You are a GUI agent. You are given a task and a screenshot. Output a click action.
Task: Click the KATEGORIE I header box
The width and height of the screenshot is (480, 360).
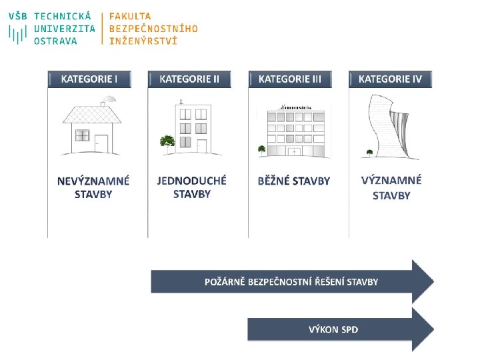click(89, 79)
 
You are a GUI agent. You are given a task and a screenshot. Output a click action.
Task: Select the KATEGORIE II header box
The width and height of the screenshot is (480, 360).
click(189, 79)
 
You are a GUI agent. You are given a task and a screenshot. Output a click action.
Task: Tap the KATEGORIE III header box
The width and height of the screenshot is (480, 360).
click(290, 79)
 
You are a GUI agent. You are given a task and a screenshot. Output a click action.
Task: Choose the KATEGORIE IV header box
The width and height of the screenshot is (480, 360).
click(390, 79)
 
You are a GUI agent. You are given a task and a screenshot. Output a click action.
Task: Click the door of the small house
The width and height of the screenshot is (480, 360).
click(101, 143)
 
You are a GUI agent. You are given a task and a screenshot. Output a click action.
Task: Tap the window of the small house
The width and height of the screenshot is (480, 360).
click(82, 135)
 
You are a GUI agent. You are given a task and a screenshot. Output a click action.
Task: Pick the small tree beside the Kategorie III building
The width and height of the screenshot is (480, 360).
click(262, 149)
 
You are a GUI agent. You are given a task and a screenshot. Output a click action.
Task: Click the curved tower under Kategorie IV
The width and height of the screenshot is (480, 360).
click(390, 129)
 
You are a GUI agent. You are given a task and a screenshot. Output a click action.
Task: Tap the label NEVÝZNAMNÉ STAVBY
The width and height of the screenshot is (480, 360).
click(93, 187)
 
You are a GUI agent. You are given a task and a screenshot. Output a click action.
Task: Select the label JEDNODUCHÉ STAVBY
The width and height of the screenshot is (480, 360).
click(192, 187)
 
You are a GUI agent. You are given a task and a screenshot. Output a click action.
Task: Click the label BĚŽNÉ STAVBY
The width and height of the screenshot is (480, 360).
click(294, 181)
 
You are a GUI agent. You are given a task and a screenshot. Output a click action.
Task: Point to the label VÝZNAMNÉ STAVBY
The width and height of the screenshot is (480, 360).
click(391, 187)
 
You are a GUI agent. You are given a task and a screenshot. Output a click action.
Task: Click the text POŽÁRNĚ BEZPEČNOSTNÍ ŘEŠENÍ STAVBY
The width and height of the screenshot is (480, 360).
click(291, 282)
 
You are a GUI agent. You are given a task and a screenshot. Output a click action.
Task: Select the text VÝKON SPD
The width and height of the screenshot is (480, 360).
click(333, 329)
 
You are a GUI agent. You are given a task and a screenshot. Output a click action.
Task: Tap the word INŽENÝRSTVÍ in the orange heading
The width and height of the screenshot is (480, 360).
click(143, 41)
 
